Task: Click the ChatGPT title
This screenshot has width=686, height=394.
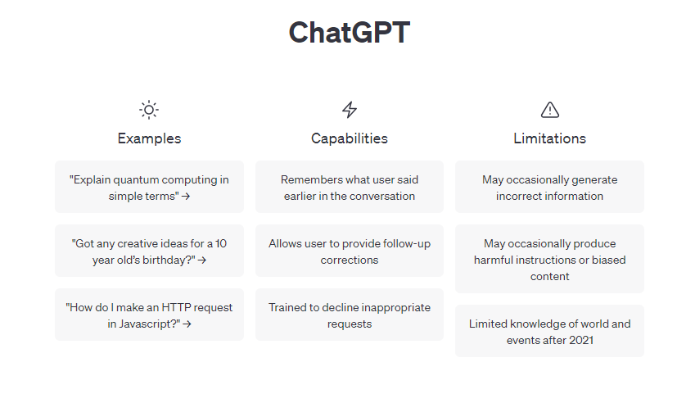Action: click(349, 33)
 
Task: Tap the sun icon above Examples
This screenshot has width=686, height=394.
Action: click(149, 110)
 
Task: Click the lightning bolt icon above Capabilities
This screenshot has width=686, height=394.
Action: click(349, 110)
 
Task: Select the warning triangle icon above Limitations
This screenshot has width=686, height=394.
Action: click(549, 110)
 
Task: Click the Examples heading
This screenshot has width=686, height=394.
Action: click(149, 138)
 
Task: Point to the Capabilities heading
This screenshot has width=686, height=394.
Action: click(349, 138)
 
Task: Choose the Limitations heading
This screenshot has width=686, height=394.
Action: click(549, 138)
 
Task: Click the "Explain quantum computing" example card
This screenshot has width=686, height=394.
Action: click(149, 187)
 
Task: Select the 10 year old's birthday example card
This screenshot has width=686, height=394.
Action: click(149, 251)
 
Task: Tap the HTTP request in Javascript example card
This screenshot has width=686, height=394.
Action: click(149, 315)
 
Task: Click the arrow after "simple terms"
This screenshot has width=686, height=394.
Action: click(186, 197)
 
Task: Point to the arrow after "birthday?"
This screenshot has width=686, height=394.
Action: click(201, 260)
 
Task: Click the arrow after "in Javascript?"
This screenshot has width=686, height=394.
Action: click(187, 324)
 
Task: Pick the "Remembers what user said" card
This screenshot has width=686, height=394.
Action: click(349, 187)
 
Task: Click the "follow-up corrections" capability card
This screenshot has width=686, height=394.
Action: click(349, 251)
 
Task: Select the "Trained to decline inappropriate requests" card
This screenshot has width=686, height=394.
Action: click(349, 315)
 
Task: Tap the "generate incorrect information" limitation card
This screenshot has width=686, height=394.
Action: click(549, 187)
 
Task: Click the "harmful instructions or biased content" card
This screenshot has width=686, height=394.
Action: click(549, 259)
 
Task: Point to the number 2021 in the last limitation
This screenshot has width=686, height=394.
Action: click(580, 340)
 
